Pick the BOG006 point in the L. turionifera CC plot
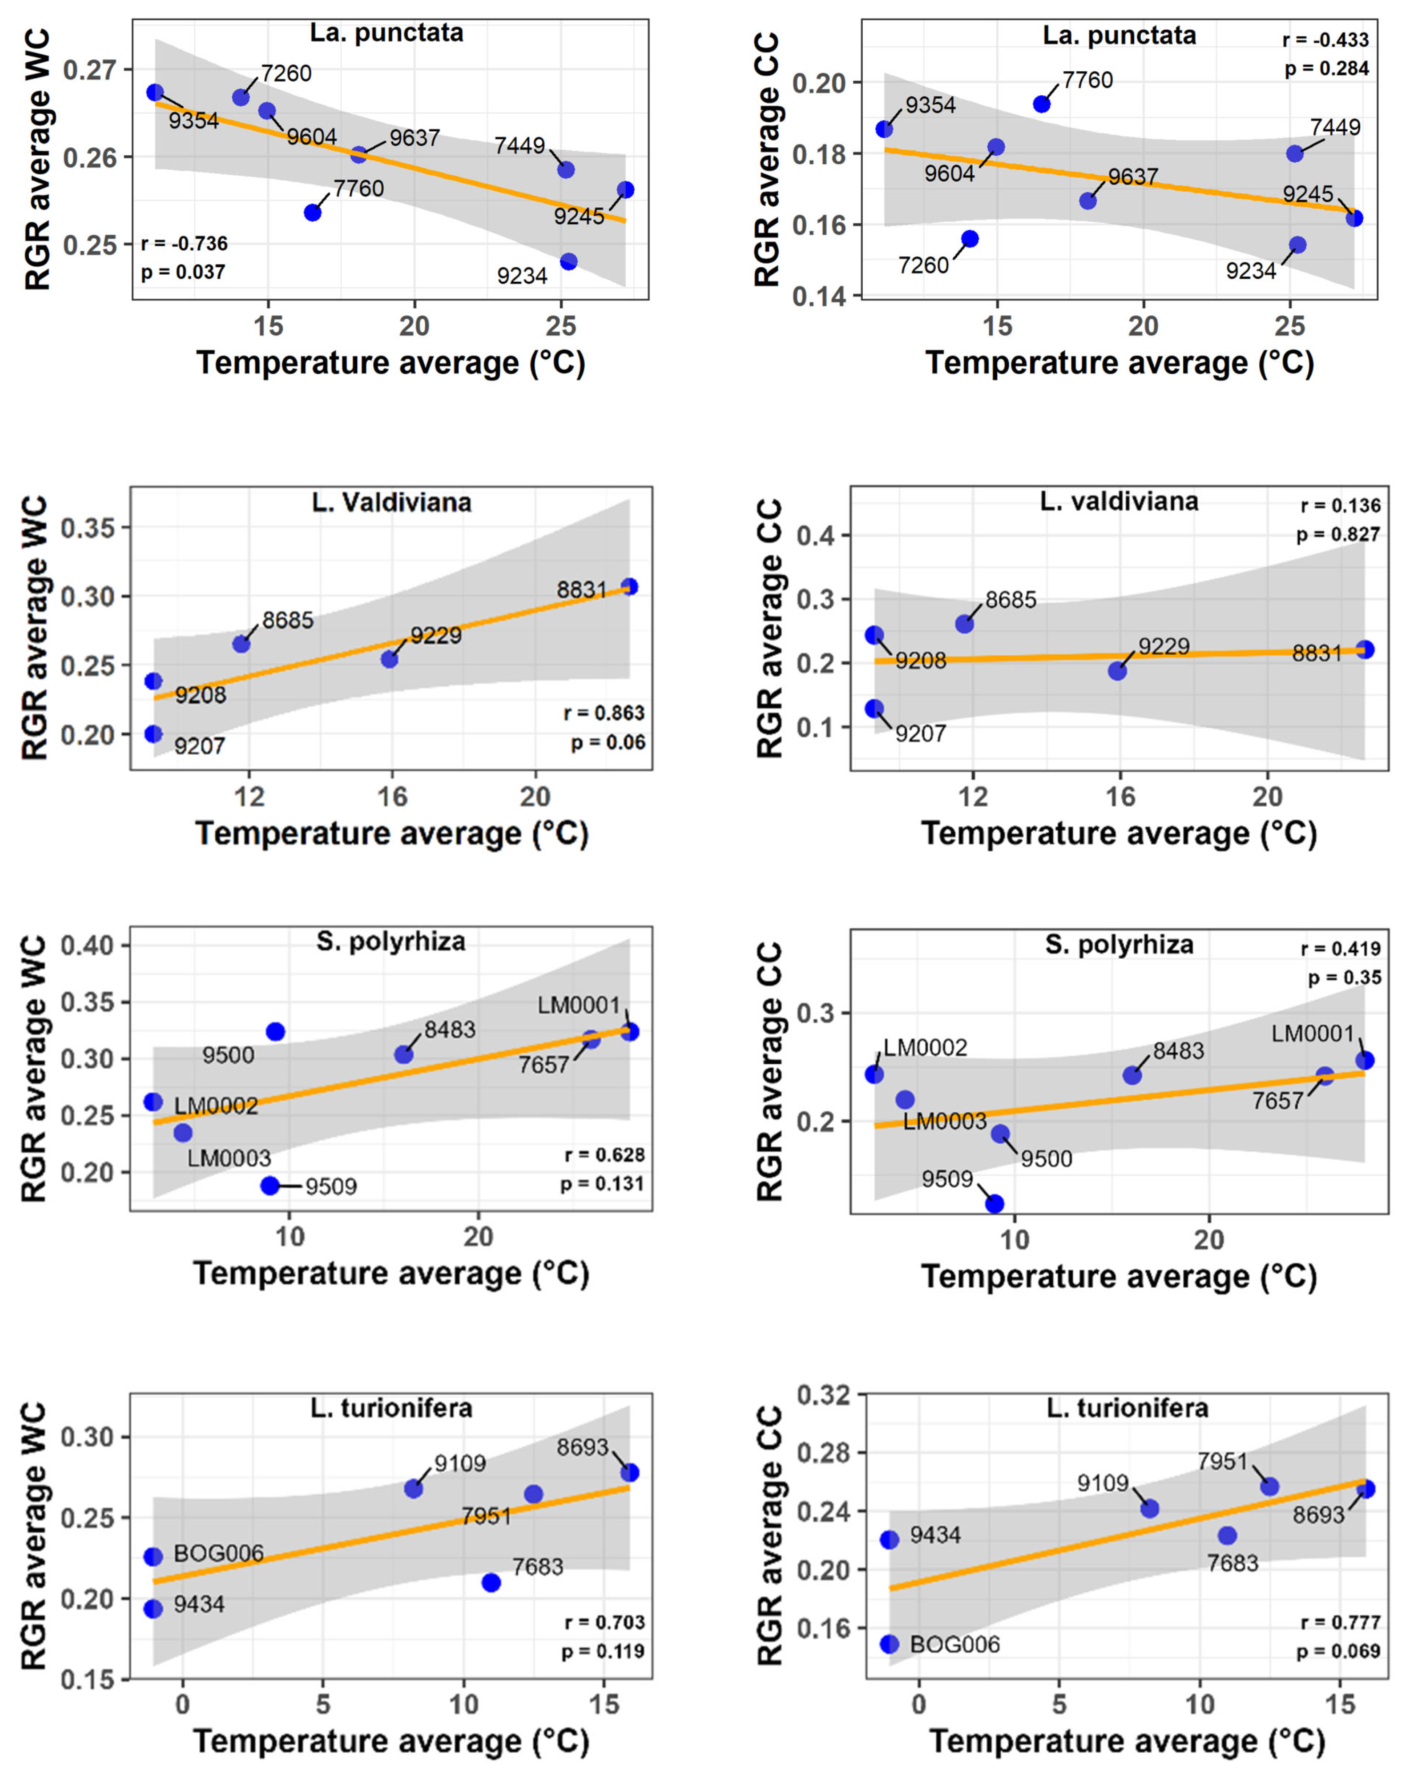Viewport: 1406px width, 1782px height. pos(889,1644)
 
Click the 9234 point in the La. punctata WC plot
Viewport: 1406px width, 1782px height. pos(568,262)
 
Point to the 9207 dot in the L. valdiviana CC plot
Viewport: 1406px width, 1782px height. pos(874,709)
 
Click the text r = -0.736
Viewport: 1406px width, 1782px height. pos(185,244)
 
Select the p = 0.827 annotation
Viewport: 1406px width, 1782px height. pos(1338,534)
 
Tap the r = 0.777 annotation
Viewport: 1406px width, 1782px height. pos(1340,1622)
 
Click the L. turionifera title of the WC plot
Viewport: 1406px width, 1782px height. pos(392,1408)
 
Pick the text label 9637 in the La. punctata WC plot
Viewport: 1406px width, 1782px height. pos(415,137)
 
